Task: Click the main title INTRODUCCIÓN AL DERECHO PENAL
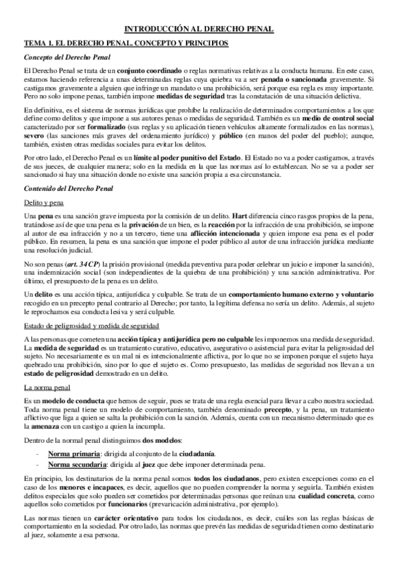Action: [199, 29]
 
